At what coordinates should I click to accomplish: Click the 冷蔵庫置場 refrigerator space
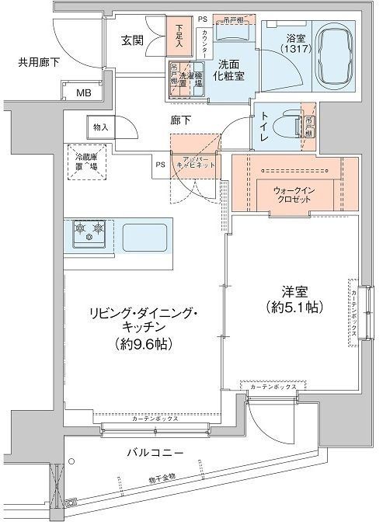pyautogui.click(x=91, y=161)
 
